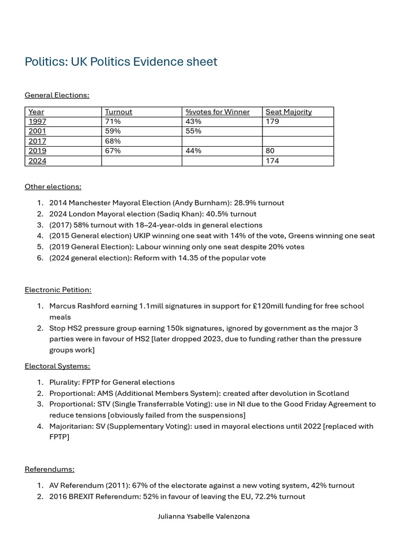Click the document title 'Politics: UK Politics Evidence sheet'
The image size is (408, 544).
121,62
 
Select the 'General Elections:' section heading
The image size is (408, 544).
57,95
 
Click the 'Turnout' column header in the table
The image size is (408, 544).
118,112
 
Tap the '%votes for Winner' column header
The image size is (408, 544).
217,112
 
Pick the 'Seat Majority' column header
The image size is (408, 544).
288,112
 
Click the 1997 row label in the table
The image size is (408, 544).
37,121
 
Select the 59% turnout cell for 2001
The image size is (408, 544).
113,131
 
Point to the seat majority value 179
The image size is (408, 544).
272,121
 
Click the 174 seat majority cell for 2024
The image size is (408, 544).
272,160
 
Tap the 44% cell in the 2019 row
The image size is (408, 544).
193,151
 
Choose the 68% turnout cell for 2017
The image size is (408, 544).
113,141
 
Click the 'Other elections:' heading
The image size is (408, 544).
53,186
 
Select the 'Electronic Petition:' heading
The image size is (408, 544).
58,290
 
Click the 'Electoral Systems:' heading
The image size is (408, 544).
57,366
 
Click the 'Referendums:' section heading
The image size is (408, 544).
49,469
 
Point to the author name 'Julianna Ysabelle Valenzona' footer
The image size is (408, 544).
203,516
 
